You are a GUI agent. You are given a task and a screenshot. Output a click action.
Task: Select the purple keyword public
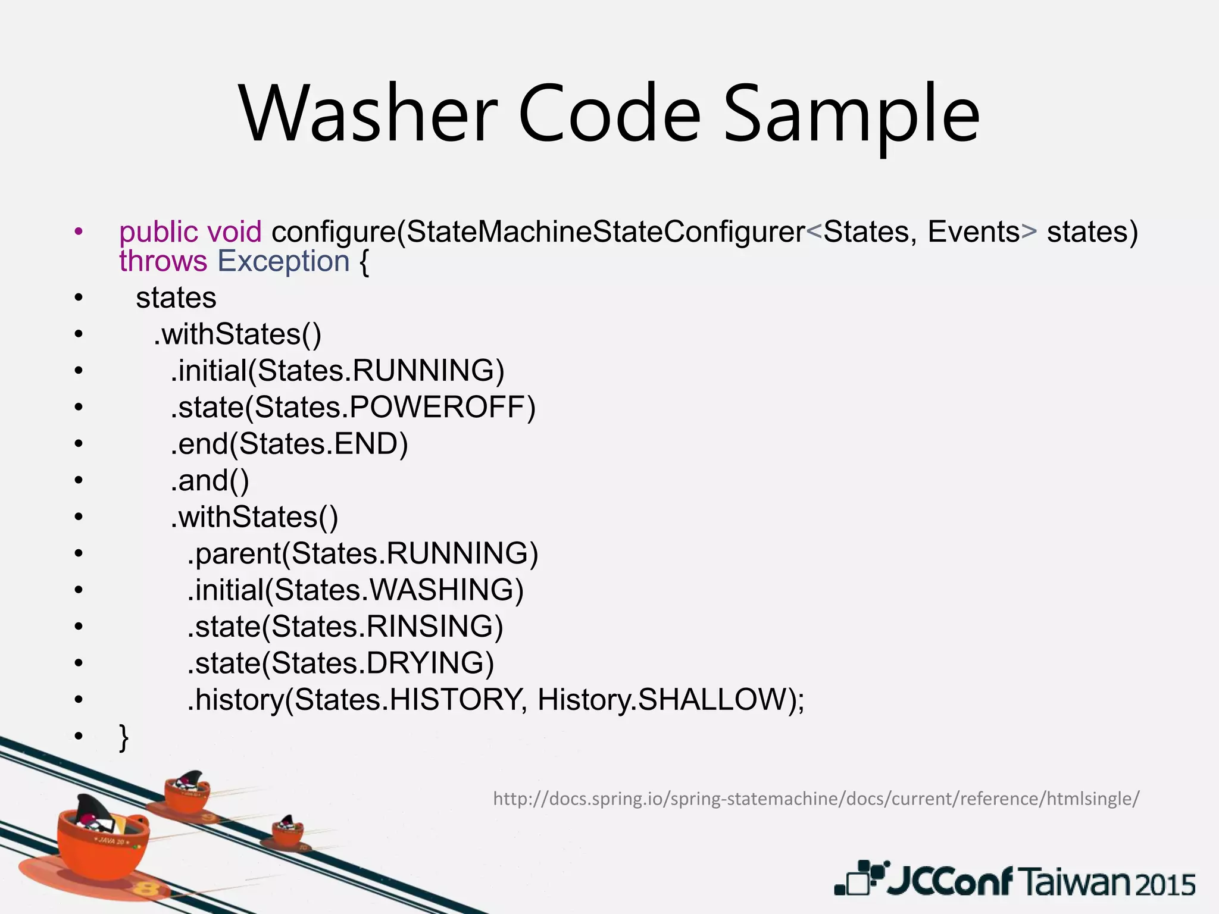point(158,231)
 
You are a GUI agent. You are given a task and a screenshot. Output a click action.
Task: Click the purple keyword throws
point(163,261)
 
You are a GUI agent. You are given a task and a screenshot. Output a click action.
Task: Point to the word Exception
point(283,261)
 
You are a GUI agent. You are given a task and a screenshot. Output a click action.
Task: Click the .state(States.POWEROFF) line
point(353,407)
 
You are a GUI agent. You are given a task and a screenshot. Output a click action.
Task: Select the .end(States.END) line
point(289,444)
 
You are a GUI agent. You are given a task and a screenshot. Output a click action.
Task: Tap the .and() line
point(210,480)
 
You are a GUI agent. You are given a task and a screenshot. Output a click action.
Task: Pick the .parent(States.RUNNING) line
point(362,553)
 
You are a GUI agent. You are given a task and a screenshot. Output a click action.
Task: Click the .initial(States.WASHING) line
point(355,590)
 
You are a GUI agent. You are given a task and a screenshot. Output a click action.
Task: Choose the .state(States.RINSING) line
point(345,627)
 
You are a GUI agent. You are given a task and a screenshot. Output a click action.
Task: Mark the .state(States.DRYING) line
point(340,663)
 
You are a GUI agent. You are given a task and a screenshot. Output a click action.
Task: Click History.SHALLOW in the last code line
point(670,700)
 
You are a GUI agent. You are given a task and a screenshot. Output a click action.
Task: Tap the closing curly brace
point(124,738)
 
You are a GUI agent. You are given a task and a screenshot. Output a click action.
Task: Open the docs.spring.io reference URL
point(816,799)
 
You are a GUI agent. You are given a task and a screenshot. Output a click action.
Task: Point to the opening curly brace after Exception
point(364,262)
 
